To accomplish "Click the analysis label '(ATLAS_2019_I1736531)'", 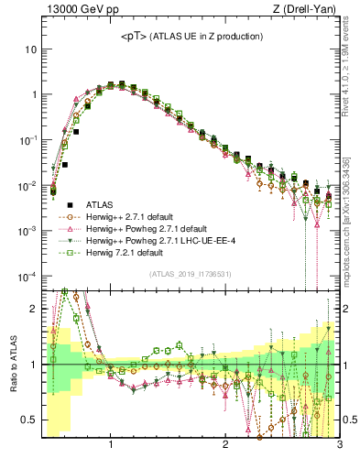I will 191,273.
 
